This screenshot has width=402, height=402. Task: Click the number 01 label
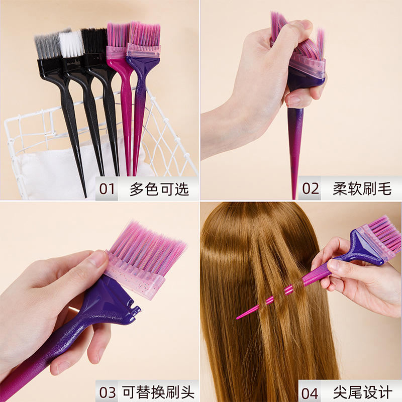107,189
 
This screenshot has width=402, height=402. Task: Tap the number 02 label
311,188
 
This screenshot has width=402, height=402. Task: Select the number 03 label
108,392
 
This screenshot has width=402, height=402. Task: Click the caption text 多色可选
159,189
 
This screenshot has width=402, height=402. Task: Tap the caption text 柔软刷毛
362,189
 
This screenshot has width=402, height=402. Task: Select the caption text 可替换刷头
158,392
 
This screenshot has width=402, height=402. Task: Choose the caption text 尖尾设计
362,392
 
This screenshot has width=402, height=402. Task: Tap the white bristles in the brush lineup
71,44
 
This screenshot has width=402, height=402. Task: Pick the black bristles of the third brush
94,41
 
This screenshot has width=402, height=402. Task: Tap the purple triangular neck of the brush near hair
365,246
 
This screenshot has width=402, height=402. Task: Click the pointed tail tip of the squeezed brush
294,197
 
